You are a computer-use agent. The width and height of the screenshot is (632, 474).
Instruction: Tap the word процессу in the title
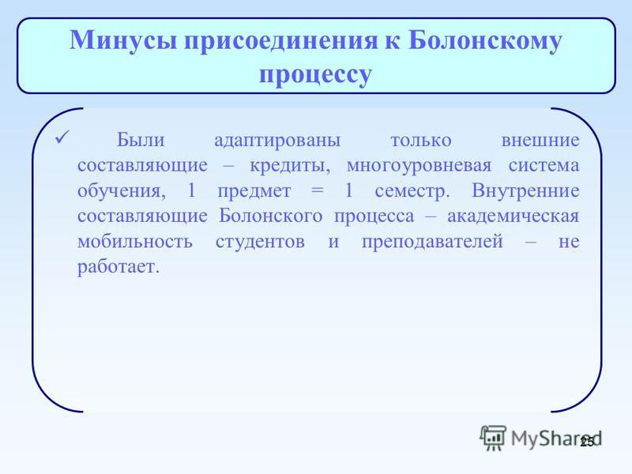point(315,75)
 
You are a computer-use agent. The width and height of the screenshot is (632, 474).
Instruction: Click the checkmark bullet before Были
point(62,137)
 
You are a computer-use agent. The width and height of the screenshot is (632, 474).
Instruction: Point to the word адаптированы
point(277,141)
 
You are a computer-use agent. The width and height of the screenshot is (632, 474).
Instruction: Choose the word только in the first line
point(421,141)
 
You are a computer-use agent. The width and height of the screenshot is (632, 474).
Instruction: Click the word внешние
point(540,141)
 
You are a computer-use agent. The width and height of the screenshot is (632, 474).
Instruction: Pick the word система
point(544,166)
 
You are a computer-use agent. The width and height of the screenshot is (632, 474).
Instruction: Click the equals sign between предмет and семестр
point(318,191)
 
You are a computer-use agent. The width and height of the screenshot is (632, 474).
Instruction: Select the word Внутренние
point(525,190)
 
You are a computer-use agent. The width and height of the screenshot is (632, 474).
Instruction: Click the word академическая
point(513,216)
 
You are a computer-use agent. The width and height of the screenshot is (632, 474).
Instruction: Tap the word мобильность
point(135,242)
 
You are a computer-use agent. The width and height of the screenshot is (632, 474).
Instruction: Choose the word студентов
point(260,242)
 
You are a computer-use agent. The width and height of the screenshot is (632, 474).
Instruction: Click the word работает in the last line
point(118,267)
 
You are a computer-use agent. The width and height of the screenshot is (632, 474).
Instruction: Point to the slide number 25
point(587,442)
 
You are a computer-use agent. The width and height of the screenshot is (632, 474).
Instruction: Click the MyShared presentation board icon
point(493,438)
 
